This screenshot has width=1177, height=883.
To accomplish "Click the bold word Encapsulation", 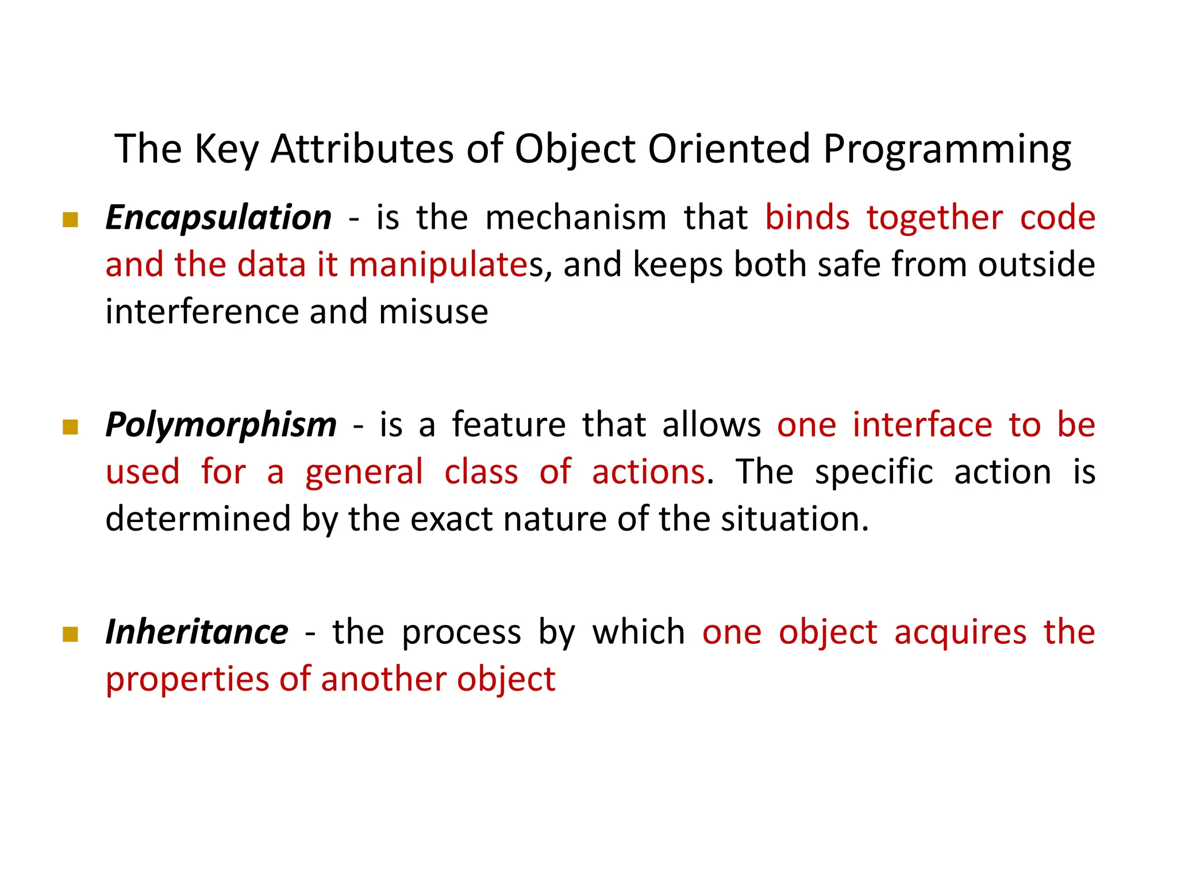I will tap(218, 218).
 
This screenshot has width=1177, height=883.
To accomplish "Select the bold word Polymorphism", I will tap(221, 425).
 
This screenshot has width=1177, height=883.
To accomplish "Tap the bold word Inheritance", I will tap(197, 632).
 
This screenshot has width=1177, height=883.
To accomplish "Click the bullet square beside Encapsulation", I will tap(70, 220).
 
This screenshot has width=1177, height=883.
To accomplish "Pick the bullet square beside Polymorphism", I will tap(70, 427).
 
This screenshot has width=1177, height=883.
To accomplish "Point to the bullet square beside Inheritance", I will tap(70, 634).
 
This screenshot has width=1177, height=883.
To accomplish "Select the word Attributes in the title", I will tap(362, 149).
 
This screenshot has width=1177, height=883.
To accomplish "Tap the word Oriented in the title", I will tap(729, 149).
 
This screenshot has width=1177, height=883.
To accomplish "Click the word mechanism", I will tap(576, 218).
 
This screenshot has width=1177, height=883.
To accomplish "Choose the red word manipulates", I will tap(438, 266).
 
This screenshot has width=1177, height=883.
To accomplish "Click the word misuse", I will tap(433, 312).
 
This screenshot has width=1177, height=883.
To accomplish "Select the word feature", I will tap(509, 425).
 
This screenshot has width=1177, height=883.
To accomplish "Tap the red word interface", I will tap(922, 425).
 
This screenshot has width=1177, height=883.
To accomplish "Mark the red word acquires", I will tap(960, 632).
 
